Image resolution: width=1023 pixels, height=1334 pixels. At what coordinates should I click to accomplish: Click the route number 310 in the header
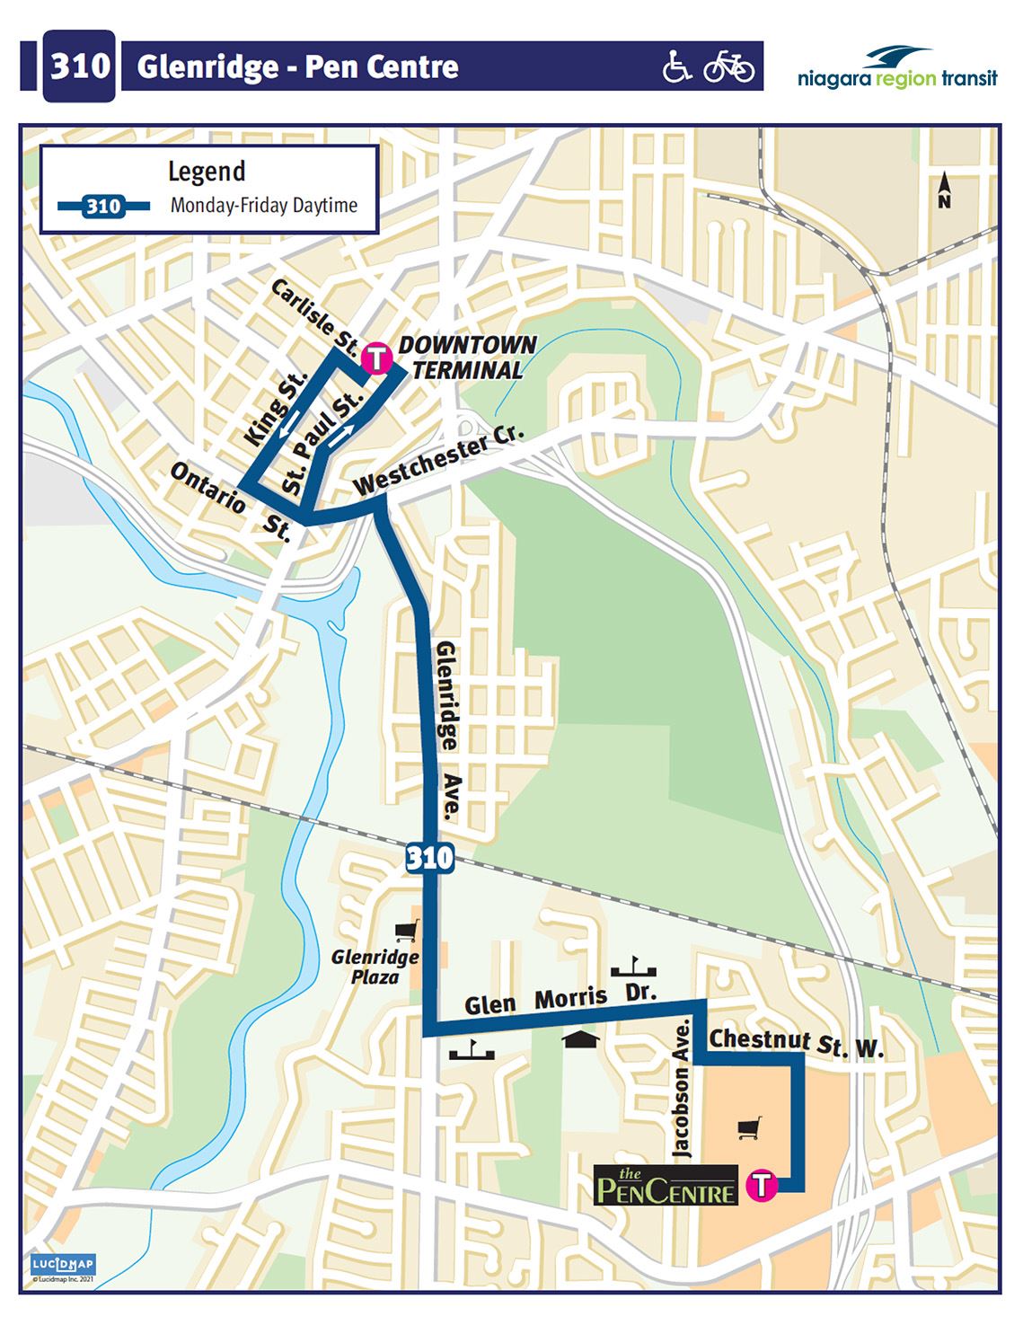[x=79, y=66]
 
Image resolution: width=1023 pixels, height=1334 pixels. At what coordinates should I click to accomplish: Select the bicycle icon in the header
[x=728, y=66]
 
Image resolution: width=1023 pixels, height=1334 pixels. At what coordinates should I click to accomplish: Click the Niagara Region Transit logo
[x=896, y=67]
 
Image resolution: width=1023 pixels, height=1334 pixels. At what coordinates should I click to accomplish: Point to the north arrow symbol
[x=944, y=190]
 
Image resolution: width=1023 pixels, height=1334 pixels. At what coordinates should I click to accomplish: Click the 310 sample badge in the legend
[x=103, y=207]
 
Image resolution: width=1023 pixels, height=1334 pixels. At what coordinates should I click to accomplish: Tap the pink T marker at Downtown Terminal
[x=376, y=358]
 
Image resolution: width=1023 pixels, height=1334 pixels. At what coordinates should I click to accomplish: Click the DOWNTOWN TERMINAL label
[x=466, y=358]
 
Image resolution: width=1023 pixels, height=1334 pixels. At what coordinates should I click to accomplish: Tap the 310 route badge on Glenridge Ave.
[x=429, y=858]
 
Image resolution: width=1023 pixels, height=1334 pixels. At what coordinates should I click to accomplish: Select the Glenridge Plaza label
[x=375, y=966]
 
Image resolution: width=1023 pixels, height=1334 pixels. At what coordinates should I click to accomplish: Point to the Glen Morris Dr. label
[x=561, y=998]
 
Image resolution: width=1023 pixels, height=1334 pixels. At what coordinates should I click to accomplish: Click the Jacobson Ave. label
[x=683, y=1088]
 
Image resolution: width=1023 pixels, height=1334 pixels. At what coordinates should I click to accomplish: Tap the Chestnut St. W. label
[x=797, y=1043]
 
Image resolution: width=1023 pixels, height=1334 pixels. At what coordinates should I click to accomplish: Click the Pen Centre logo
[x=666, y=1186]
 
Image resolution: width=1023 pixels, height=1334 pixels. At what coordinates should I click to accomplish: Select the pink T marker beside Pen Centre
[x=762, y=1184]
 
